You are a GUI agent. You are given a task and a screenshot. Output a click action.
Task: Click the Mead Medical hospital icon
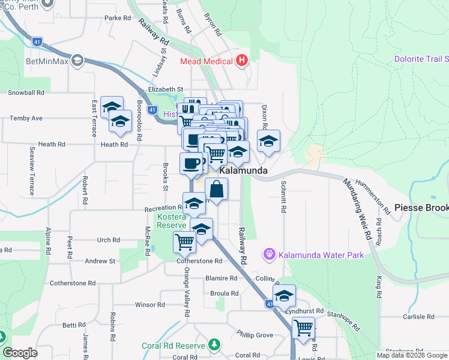pyautogui.click(x=241, y=61)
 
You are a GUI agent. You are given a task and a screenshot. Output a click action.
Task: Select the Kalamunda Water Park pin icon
pyautogui.click(x=270, y=255)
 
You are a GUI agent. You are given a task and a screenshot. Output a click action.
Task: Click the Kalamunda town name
pyautogui.click(x=243, y=171)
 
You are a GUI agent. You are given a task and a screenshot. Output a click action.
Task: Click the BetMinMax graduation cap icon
pyautogui.click(x=77, y=61)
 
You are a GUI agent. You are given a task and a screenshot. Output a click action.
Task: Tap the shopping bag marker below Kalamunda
pyautogui.click(x=217, y=189)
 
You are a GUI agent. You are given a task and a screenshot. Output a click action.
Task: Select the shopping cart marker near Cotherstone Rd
pyautogui.click(x=184, y=242)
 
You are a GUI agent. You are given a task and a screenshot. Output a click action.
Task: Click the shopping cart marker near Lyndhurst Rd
pyautogui.click(x=304, y=328)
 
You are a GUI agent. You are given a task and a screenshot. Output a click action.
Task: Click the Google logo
pyautogui.click(x=20, y=353)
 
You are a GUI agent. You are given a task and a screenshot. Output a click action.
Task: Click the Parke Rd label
pyautogui.click(x=118, y=18)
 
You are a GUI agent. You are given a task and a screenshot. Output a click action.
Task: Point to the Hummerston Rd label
pyautogui.click(x=373, y=193)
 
